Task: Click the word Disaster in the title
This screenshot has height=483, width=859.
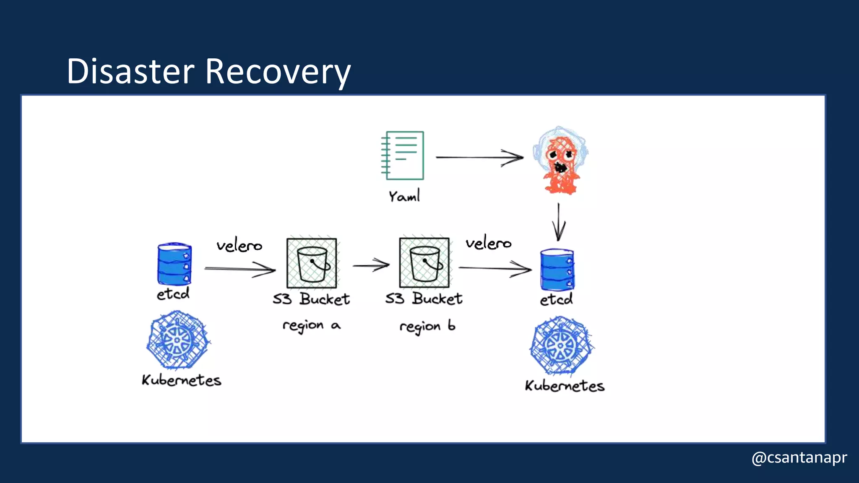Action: coord(130,71)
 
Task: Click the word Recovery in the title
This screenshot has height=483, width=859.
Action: coord(278,72)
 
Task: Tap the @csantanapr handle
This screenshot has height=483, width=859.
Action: coord(799,457)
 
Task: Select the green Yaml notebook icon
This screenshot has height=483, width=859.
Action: coord(403,155)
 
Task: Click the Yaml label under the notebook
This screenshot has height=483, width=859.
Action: coord(404,196)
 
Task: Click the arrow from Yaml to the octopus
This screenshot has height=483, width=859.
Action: coord(479,158)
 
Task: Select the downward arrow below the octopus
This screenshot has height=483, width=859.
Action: coord(558,223)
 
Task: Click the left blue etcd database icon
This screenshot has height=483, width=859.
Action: coord(174,264)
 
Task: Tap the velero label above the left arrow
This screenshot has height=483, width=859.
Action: coord(239,245)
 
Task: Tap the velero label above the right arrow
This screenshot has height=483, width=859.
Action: coord(488,243)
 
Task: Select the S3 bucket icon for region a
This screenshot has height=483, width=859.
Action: coord(312,263)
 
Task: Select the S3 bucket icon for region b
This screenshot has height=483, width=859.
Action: coord(424,262)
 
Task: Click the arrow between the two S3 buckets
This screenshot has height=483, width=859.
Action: coord(371,265)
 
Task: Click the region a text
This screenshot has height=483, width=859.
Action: coord(311,325)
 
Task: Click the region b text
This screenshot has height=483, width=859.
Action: coord(427,326)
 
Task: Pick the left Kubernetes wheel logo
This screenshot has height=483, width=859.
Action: coord(178,340)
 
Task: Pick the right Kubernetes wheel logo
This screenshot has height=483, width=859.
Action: coord(561,345)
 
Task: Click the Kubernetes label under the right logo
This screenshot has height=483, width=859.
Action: coord(564,386)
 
